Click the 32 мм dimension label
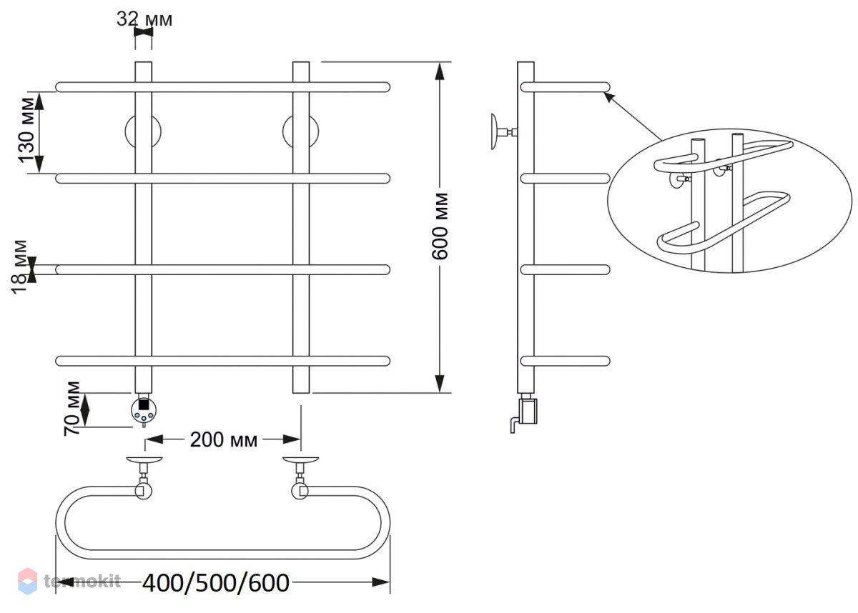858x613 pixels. (x=144, y=19)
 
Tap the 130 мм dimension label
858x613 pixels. (x=27, y=130)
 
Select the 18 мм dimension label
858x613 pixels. (x=19, y=266)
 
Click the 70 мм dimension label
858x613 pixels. (x=71, y=408)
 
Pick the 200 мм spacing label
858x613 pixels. (x=223, y=440)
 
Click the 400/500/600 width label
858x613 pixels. (x=216, y=583)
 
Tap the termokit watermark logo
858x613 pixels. (x=70, y=582)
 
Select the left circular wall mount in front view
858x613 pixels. (x=143, y=131)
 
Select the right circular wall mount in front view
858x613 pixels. (x=301, y=131)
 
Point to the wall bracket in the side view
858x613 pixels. (x=503, y=132)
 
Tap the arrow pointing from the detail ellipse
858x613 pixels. (x=632, y=116)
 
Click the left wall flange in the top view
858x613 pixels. (x=144, y=459)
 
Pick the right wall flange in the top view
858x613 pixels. (x=301, y=459)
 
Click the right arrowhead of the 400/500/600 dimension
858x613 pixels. (x=380, y=583)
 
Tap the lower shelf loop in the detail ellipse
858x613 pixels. (x=722, y=224)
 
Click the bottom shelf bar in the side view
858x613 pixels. (x=566, y=361)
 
